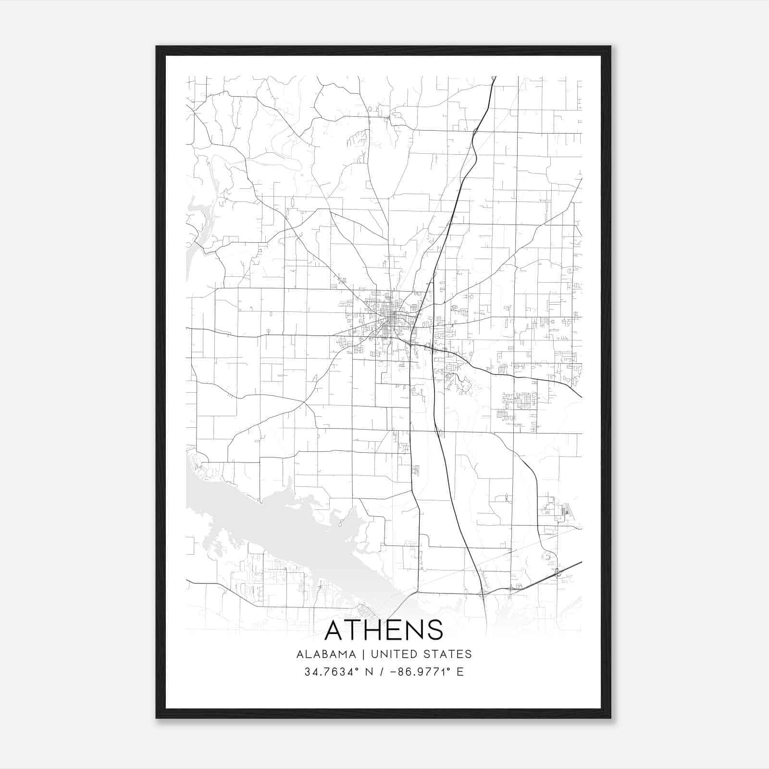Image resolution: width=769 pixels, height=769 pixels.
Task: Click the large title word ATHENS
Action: point(384,630)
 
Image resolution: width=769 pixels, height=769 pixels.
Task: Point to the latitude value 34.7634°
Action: point(332,672)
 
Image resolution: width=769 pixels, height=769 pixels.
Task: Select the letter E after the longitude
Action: point(460,672)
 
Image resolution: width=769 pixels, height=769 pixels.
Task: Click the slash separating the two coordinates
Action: point(382,672)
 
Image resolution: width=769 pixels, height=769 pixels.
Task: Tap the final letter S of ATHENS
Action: point(434,630)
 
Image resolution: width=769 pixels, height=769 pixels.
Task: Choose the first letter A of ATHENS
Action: point(335,630)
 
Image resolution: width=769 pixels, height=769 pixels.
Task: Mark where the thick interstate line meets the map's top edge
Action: point(496,76)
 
